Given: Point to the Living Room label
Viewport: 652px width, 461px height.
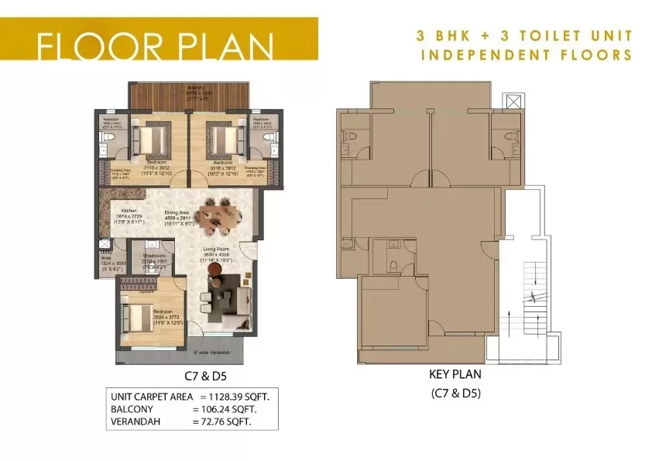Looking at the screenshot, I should click(x=217, y=249).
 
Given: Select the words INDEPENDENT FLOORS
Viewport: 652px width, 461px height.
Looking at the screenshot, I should click(x=526, y=55).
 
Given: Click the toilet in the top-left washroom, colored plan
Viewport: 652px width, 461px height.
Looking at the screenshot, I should click(x=109, y=138).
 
